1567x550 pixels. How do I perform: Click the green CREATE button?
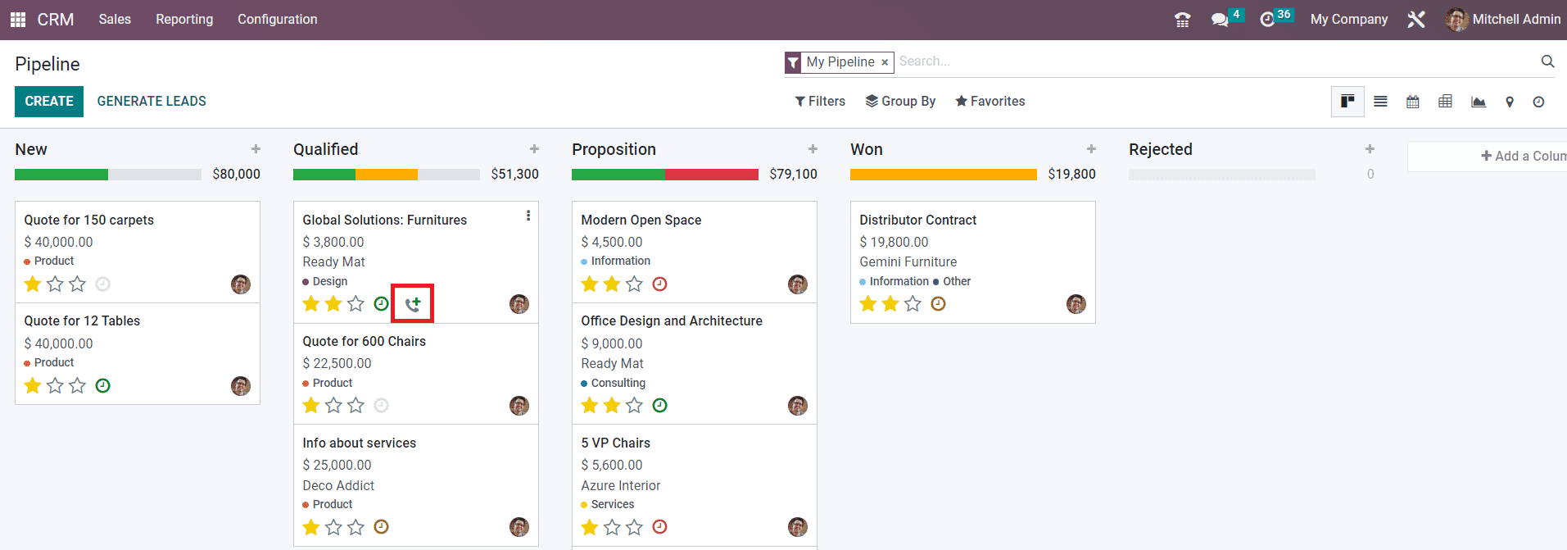pos(49,102)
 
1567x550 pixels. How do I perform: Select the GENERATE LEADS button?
pos(152,102)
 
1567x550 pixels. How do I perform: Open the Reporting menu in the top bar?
pos(184,20)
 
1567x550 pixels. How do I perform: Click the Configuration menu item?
pos(277,20)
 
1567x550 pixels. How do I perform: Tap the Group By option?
pos(900,102)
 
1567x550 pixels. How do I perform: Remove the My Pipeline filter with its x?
pos(885,62)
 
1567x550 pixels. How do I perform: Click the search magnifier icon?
pos(1547,61)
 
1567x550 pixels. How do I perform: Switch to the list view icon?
pos(1380,102)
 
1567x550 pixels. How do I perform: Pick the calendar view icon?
pos(1413,102)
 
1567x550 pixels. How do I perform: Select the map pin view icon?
pos(1509,102)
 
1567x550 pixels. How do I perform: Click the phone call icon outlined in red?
pos(412,304)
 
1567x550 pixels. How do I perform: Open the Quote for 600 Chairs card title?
pos(364,341)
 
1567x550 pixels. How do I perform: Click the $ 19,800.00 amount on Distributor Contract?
pos(894,242)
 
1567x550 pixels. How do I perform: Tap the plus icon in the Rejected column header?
pos(1370,149)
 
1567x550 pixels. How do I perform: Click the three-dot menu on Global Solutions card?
pos(528,216)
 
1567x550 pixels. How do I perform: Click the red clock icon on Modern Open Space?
pos(659,284)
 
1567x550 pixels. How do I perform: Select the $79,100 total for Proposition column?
pos(793,174)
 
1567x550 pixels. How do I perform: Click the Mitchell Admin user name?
pos(1516,20)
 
